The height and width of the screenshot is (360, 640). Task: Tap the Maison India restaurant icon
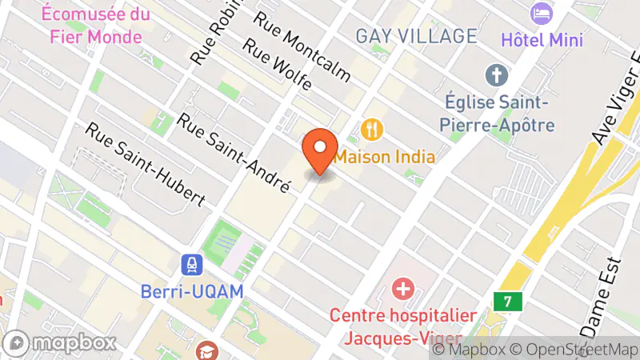click(x=371, y=128)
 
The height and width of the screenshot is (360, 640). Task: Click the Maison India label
click(x=385, y=157)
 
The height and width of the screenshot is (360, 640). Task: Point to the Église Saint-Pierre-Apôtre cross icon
click(x=497, y=77)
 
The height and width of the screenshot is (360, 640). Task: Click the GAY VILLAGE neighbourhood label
click(x=416, y=36)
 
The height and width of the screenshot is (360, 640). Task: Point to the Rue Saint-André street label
click(x=233, y=153)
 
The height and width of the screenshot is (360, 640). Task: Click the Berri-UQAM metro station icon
click(x=192, y=265)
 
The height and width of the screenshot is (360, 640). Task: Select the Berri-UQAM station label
click(x=192, y=292)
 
